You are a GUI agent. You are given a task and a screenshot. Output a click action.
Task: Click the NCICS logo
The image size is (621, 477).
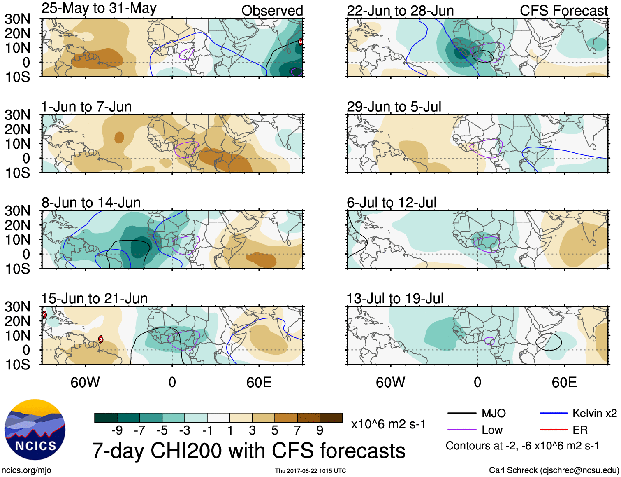pyautogui.click(x=35, y=430)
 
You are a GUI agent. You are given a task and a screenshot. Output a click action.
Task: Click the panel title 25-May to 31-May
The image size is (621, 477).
pyautogui.click(x=99, y=9)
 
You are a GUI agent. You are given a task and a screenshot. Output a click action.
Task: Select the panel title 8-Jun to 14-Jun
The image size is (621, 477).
pyautogui.click(x=91, y=203)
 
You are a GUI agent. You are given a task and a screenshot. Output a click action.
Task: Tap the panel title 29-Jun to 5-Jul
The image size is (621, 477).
pyautogui.click(x=394, y=107)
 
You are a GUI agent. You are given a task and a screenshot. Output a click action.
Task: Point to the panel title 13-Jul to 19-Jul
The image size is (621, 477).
pyautogui.click(x=395, y=299)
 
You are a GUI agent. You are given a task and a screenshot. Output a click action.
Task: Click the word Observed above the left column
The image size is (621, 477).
pyautogui.click(x=272, y=11)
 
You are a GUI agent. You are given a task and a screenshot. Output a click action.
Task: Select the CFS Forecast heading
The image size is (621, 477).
pyautogui.click(x=563, y=11)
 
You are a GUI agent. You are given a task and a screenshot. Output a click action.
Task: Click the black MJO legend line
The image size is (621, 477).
pyautogui.click(x=461, y=413)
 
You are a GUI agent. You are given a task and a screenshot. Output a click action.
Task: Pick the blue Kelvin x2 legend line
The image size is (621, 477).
pyautogui.click(x=554, y=413)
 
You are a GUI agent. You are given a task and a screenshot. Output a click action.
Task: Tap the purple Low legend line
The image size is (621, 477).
pyautogui.click(x=461, y=430)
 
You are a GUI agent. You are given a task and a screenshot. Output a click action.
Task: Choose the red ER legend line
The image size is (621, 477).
pyautogui.click(x=554, y=430)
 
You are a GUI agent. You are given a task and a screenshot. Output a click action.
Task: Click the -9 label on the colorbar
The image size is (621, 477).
pyautogui.click(x=117, y=430)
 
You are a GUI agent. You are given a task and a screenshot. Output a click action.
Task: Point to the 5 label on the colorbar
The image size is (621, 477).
pyautogui.click(x=275, y=430)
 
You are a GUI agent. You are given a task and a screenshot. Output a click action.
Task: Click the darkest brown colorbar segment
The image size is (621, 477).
pyautogui.click(x=331, y=418)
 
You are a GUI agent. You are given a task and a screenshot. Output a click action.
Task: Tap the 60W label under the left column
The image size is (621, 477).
pyautogui.click(x=85, y=382)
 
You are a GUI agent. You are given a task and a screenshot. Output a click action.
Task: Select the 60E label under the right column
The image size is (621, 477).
pyautogui.click(x=564, y=382)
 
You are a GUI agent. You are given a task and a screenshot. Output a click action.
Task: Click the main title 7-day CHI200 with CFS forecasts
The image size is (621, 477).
pyautogui.click(x=248, y=451)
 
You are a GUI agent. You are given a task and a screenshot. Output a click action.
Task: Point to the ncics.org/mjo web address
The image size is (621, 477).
pyautogui.click(x=26, y=470)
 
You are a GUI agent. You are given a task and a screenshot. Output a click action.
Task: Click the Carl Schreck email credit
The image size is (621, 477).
pyautogui.click(x=554, y=470)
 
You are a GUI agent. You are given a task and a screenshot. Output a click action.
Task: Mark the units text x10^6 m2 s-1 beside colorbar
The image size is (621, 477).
pyautogui.click(x=388, y=424)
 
